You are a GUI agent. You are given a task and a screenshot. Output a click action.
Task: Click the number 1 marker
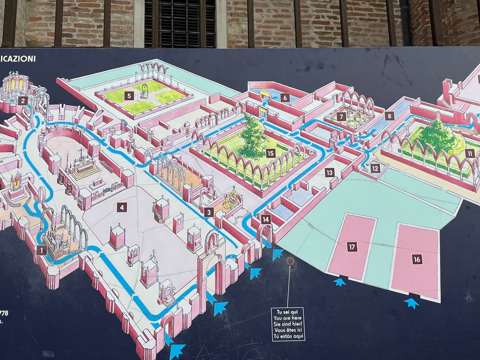[x=41, y=249]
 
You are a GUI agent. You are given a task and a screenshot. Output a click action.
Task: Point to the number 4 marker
[x=122, y=206]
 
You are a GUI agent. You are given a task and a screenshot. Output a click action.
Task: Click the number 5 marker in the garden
[x=128, y=95]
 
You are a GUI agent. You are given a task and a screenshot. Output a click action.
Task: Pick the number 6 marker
[x=285, y=98]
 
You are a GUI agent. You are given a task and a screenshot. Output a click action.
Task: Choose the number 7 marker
[x=341, y=116]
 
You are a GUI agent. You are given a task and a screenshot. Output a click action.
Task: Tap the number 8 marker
[x=389, y=116]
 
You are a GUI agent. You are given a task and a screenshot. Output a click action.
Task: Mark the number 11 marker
[x=469, y=153]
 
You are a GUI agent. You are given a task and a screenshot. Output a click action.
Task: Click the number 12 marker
[x=375, y=168]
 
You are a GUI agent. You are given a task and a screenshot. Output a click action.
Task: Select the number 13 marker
[x=329, y=173]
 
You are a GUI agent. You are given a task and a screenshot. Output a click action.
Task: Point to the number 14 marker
[x=266, y=219]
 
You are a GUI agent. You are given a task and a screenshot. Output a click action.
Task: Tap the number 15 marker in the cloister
[x=270, y=153]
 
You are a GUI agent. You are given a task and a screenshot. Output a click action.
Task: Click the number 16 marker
[x=416, y=259]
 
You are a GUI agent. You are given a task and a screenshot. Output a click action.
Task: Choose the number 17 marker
[x=352, y=246]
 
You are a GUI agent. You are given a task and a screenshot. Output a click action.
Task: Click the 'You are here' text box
[x=288, y=323]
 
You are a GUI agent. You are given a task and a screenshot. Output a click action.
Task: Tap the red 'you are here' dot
[x=290, y=261]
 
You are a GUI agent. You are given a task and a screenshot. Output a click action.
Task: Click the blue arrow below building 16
[x=411, y=302]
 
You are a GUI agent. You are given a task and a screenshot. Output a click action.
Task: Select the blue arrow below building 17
[x=340, y=282]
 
